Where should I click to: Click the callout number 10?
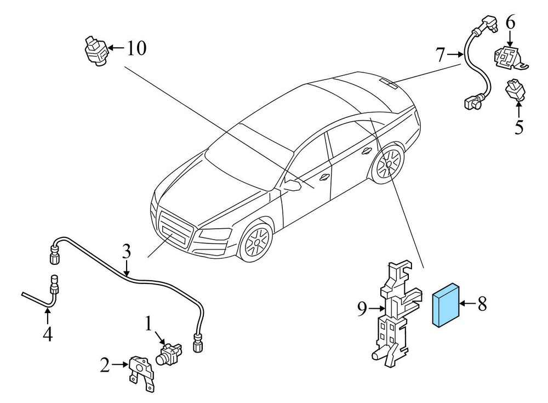[136, 49]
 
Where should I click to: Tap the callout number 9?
[362, 310]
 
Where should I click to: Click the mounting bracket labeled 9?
[393, 313]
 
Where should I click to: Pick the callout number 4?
[48, 334]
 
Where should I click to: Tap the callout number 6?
[510, 23]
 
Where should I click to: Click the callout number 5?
[518, 127]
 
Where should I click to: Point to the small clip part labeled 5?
[516, 90]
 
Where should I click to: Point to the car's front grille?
[174, 230]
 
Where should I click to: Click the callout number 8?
[482, 304]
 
